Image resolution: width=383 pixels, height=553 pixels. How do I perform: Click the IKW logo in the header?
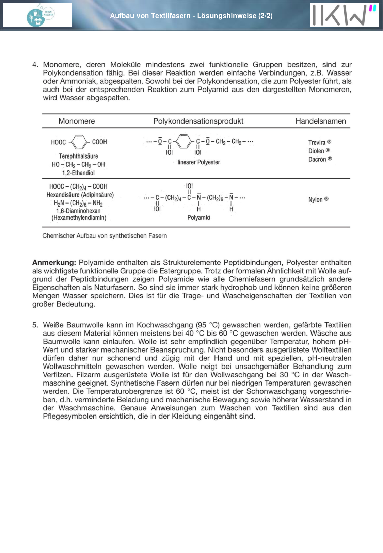pos(344,15)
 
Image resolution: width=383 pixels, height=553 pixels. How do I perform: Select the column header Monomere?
pos(77,121)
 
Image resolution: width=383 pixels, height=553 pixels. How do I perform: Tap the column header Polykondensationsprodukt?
pos(198,121)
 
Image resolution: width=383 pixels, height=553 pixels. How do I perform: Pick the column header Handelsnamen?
pos(320,121)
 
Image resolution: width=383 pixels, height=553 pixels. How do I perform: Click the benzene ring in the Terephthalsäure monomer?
pos(79,142)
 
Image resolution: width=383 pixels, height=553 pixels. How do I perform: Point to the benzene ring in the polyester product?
pos(184,142)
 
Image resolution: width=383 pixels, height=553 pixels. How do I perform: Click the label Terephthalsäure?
pos(78,156)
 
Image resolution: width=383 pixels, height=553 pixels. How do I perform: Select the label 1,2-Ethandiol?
pos(78,173)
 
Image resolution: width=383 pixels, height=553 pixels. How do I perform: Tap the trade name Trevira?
pos(317,142)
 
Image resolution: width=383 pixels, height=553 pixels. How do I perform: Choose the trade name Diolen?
pos(316,151)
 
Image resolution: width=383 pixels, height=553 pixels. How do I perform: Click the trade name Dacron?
pos(317,159)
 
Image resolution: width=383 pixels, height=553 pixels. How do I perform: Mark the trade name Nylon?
pos(316,199)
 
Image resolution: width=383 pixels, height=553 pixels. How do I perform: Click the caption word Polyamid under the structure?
pos(198,218)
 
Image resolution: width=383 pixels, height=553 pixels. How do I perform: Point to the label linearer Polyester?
pos(198,162)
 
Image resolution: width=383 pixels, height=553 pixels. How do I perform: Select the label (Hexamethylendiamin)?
pos(79,218)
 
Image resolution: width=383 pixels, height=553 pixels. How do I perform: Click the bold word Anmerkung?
pos(54,263)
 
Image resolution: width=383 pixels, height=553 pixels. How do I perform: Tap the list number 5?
pos(35,325)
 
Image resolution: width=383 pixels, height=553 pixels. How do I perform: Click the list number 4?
pos(35,65)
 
